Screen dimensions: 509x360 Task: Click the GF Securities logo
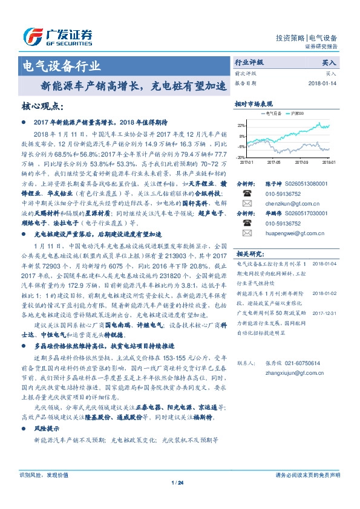57,36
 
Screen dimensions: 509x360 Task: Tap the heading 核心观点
42,106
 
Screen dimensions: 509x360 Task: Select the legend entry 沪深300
297,113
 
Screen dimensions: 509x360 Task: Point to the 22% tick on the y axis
241,125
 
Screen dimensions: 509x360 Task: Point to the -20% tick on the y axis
241,157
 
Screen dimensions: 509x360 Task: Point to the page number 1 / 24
177,482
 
